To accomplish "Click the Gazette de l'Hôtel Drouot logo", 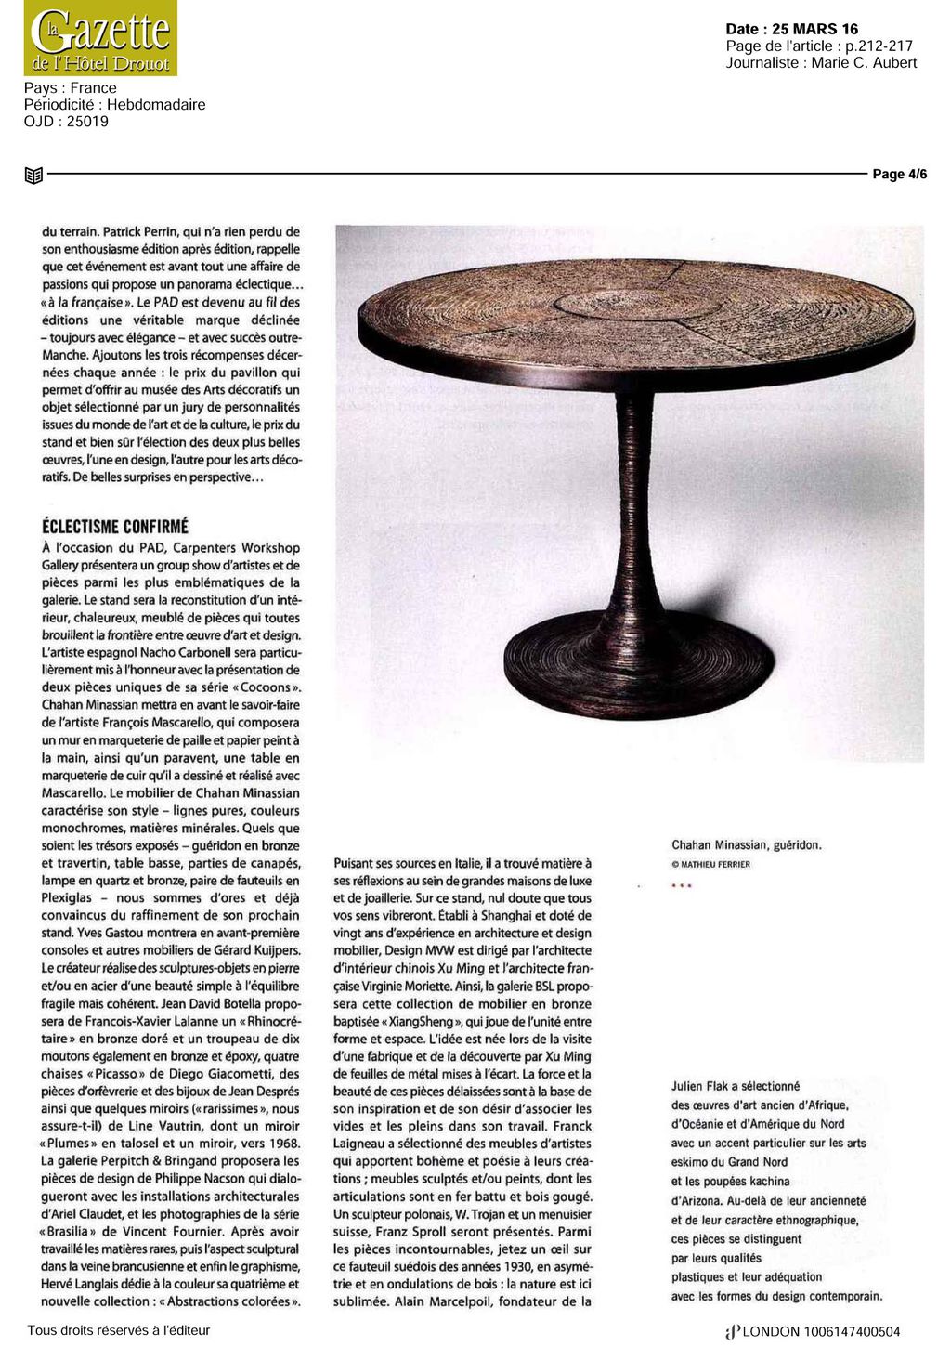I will coord(100,38).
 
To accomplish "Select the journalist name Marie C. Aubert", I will coord(864,63).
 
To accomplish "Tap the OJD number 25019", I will coord(86,121).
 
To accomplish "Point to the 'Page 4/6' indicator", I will coord(899,175).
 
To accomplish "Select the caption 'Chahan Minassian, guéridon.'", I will coord(747,845).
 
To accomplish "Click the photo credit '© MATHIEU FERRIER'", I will coord(710,864).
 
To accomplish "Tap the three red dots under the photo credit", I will coord(682,885).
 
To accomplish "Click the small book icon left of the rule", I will coord(33,175).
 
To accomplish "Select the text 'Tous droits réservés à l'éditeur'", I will coord(119,1330).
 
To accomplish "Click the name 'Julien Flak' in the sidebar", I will coord(700,1086).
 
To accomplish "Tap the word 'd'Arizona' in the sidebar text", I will coord(700,1200).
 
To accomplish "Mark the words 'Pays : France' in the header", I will coord(71,88).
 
